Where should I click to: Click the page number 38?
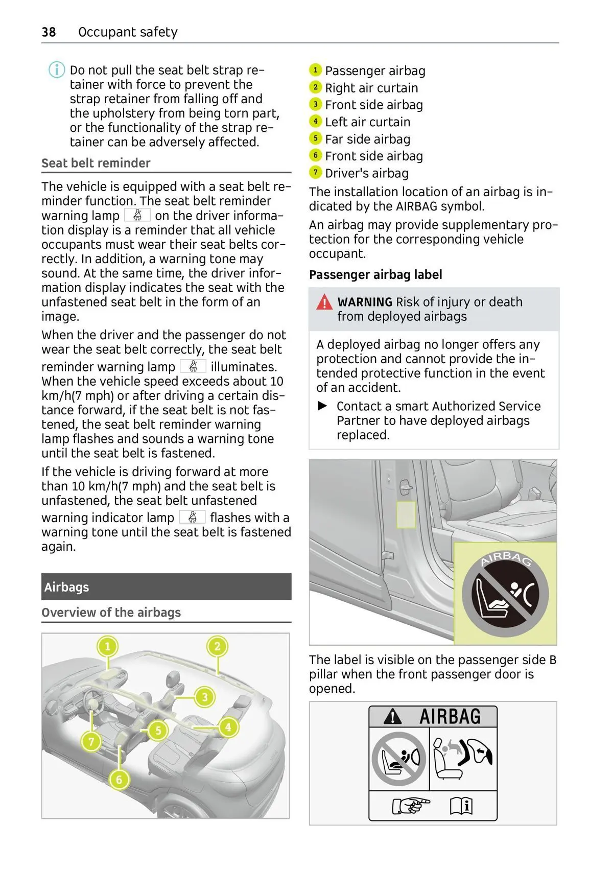pos(49,32)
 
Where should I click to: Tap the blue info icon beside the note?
pos(56,69)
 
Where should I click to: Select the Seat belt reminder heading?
pos(96,163)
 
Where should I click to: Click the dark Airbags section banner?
pos(166,586)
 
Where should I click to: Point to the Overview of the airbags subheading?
pos(111,612)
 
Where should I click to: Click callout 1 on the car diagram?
pos(107,647)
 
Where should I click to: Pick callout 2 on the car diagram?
pos(217,647)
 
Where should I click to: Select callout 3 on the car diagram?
pos(205,697)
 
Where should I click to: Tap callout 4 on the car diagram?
pos(228,727)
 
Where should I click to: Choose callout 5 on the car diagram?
pos(158,731)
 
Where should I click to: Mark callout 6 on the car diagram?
pos(119,780)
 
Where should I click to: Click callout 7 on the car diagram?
pos(91,741)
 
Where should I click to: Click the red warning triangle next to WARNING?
pos(324,302)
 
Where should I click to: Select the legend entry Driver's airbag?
pos(366,173)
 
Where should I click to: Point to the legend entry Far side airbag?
pos(367,139)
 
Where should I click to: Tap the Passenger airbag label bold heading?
pos(375,275)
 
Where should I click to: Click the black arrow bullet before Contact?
pos(322,406)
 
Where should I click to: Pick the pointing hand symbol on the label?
pos(410,806)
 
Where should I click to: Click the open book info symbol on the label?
pos(461,806)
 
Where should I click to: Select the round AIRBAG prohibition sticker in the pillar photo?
pos(505,593)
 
